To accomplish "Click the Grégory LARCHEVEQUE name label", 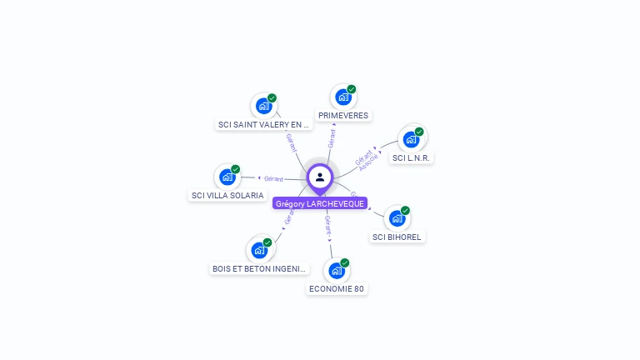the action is [319, 203].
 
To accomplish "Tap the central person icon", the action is [320, 177].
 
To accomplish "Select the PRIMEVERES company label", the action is [343, 116].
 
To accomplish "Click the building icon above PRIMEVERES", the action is [343, 97].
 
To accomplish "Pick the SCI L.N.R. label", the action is [411, 157].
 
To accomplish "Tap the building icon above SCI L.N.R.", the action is [411, 139].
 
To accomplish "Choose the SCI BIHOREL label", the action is [397, 237].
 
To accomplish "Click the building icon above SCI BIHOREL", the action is [397, 217].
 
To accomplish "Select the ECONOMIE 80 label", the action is [337, 289].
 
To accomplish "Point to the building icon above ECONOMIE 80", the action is [337, 270].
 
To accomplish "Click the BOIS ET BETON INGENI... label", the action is [260, 269].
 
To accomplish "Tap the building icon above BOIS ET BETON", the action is [260, 249].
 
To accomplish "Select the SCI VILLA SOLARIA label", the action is [227, 196].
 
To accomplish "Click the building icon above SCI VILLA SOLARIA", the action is [227, 177].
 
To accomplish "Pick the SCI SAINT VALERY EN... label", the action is [263, 125].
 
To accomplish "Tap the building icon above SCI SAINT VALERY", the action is [264, 106].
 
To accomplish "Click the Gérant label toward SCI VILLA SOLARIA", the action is [273, 178].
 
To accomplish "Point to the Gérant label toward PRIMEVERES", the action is [332, 139].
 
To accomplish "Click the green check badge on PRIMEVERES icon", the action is [352, 89].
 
